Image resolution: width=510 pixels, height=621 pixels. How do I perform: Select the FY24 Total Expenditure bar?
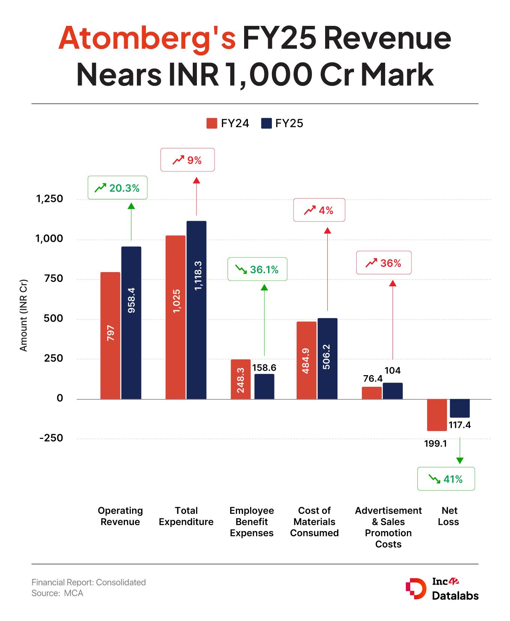175,317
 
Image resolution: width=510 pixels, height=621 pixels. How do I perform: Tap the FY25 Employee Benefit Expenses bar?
264,386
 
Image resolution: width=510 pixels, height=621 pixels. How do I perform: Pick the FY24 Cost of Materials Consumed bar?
306,360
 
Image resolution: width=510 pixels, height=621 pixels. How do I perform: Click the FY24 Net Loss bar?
437,415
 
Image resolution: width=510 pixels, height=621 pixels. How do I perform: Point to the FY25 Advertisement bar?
393,391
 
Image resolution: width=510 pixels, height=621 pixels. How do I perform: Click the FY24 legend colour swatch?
212,124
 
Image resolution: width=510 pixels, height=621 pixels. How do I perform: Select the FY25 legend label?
289,124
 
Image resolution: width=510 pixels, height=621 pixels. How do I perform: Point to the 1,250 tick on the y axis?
49,199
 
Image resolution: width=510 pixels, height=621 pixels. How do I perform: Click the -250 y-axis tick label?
51,438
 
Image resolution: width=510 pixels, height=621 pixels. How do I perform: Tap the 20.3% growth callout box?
117,188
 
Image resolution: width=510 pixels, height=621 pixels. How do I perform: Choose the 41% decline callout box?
446,479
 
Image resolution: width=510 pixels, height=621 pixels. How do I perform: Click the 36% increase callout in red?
384,263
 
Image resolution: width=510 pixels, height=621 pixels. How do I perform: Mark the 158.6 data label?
264,368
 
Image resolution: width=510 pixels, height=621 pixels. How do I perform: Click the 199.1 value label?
435,444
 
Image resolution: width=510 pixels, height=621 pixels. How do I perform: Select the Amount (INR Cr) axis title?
24,316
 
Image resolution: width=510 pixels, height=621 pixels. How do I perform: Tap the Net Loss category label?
448,516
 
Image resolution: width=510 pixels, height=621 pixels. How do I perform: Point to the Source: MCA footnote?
57,593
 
